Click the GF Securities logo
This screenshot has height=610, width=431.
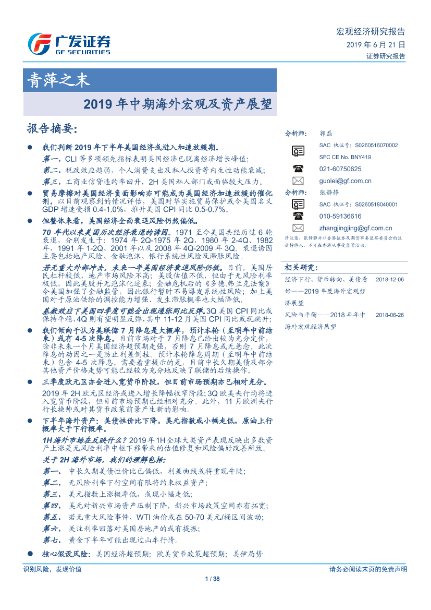point(69,44)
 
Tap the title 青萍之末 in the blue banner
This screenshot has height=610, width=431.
point(58,80)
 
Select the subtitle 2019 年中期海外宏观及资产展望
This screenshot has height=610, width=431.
point(178,104)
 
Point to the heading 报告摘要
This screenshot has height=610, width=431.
point(52,128)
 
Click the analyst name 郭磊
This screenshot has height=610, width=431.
point(325,134)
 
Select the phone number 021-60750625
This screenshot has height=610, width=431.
point(340,169)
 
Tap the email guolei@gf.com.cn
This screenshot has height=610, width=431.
point(345,181)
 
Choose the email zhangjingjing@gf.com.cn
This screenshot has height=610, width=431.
point(355,228)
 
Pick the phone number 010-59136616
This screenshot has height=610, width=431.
point(340,216)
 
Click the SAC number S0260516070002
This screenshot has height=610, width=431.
point(358,146)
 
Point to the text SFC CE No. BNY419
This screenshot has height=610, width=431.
point(345,157)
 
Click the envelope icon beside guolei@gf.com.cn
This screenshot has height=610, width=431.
point(298,181)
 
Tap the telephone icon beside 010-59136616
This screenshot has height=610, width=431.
point(298,216)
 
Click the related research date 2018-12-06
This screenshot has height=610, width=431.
point(389,280)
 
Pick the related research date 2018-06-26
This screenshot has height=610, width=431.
point(389,315)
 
